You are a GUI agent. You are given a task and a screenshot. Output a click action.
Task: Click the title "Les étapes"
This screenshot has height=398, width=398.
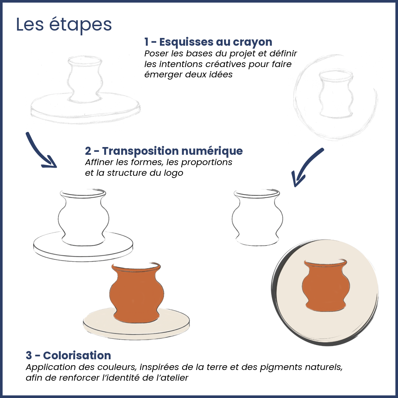(64, 25)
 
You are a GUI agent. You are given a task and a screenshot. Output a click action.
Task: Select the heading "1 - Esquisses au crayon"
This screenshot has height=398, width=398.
(208, 42)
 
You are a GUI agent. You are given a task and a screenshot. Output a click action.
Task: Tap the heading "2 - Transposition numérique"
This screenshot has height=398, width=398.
(164, 151)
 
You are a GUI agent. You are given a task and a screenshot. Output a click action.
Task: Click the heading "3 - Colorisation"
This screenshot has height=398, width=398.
(68, 355)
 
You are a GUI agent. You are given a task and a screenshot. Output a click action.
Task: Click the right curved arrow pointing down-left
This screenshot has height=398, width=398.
(306, 166)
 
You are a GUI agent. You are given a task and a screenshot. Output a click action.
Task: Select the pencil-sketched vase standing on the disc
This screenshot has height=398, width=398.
(85, 80)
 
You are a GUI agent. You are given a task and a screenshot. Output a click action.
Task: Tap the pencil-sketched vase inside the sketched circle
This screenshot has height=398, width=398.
(336, 94)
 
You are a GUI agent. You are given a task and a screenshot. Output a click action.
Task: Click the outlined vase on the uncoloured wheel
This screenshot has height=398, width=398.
(83, 217)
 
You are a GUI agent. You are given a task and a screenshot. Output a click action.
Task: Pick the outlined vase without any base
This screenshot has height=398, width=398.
(257, 217)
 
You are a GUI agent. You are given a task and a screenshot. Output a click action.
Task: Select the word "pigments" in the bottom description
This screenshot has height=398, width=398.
(281, 367)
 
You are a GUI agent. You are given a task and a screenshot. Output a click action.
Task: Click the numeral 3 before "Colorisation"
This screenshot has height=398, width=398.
(29, 356)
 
